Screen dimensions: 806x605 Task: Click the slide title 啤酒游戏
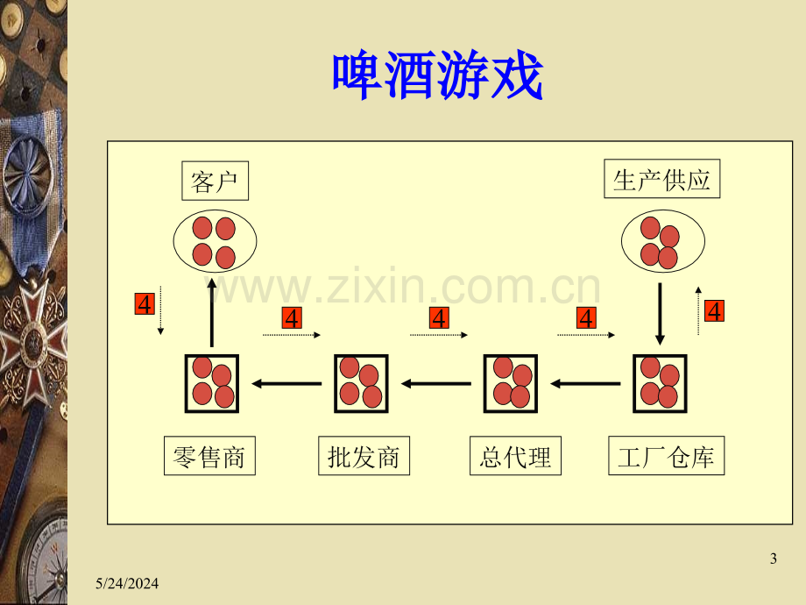tap(437, 75)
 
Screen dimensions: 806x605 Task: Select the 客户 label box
tap(215, 181)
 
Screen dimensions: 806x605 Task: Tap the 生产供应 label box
tap(661, 179)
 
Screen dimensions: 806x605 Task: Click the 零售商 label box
tap(209, 456)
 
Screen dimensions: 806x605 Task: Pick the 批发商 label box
tap(364, 456)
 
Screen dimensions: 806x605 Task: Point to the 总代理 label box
tap(515, 456)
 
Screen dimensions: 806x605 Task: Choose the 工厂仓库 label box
tap(666, 456)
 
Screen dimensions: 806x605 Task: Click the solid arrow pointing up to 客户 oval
tap(211, 313)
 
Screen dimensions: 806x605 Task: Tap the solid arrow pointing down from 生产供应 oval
tap(660, 314)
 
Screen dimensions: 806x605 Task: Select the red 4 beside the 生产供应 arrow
tap(715, 310)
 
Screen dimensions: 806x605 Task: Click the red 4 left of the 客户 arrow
tap(145, 304)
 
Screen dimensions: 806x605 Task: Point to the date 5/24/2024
tap(127, 583)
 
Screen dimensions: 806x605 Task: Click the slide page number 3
tap(773, 559)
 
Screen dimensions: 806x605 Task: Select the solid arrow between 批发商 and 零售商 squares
tap(286, 384)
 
